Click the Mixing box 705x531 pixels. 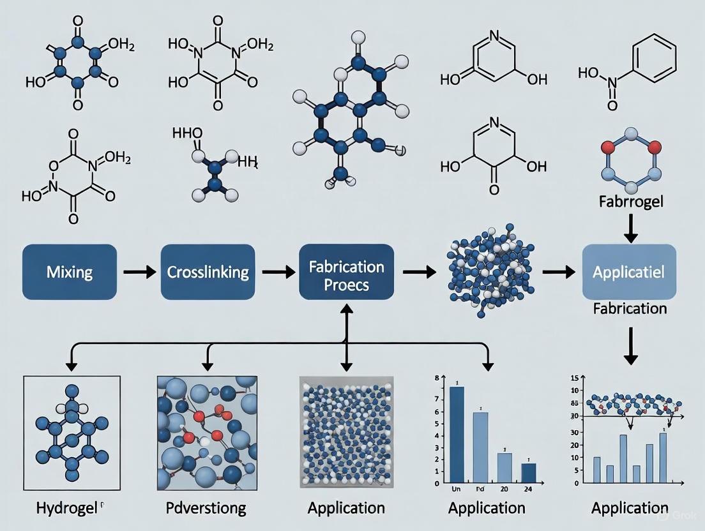pos(70,273)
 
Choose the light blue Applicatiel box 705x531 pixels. pos(629,273)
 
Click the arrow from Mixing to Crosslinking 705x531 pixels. pos(139,273)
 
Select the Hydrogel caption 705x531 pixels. pos(69,508)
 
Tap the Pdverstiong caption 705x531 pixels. pos(206,508)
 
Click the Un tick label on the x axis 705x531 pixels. pos(456,488)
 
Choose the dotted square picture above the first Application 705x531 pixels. pos(346,430)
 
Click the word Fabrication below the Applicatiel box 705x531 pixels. pos(630,308)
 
